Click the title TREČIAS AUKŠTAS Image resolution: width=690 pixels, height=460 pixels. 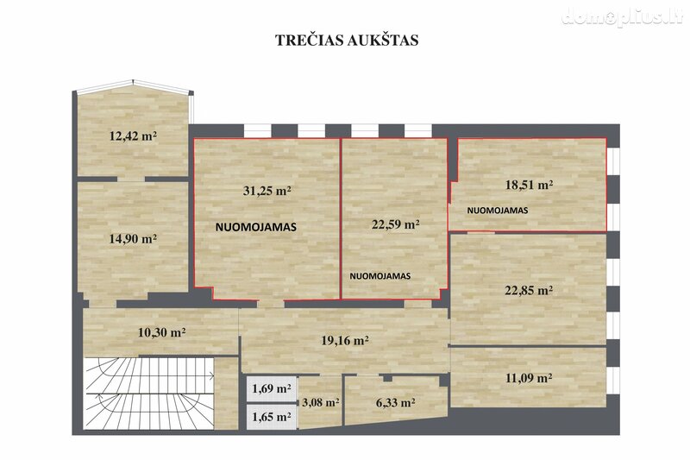tap(347, 40)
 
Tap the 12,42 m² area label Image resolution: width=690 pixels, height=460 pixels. tap(133, 135)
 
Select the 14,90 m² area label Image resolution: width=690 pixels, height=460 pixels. tap(133, 238)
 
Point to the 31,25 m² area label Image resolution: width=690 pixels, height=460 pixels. tap(267, 191)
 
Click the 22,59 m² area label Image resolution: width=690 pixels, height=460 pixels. tap(395, 224)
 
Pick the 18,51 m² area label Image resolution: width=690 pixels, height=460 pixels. tap(529, 185)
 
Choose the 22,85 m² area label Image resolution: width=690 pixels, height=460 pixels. tap(529, 290)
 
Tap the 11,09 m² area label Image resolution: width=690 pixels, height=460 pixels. tap(529, 378)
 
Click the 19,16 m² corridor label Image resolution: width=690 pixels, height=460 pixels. tap(344, 340)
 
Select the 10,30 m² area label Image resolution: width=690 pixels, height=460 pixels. tap(161, 332)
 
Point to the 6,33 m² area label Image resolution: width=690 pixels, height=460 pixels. tap(396, 402)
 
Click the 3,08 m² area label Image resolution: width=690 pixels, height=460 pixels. tap(320, 402)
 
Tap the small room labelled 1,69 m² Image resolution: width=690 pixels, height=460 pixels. tap(271, 388)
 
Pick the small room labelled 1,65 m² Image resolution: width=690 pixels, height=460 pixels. tap(271, 417)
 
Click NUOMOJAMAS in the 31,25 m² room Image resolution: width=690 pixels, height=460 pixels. tap(255, 227)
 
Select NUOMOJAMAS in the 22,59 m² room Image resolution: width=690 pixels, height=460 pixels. tap(380, 276)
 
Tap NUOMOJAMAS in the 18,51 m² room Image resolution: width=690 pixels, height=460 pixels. tap(498, 211)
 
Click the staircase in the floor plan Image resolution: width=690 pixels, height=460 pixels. tap(149, 393)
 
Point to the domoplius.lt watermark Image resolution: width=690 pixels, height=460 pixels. tap(622, 16)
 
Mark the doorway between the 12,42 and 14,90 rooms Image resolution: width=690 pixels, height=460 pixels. tap(131, 180)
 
